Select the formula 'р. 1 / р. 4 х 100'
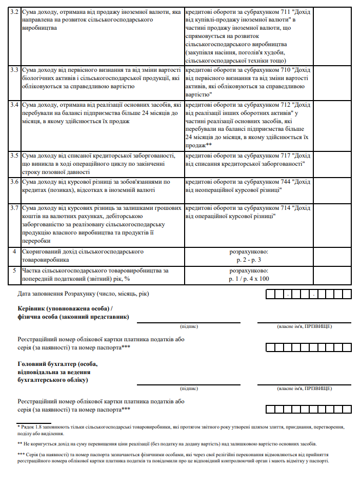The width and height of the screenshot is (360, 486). pos(249,279)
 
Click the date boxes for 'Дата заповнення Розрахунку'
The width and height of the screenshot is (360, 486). pos(308,295)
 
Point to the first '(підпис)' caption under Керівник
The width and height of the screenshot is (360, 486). pos(189,326)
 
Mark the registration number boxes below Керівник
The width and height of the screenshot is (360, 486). pos(308,347)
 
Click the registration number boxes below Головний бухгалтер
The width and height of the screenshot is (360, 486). pos(308,409)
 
